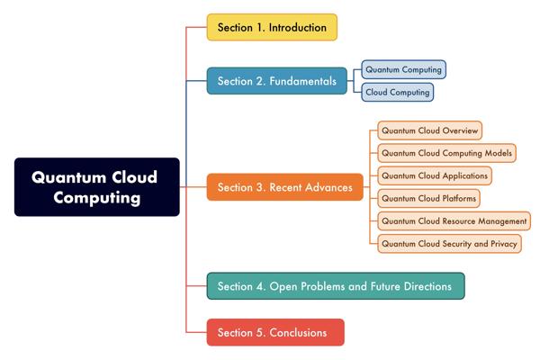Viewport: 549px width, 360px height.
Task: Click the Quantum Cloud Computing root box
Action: point(97,186)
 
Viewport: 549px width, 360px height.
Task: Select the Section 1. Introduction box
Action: point(272,27)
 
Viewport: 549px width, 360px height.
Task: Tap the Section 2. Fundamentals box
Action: point(277,81)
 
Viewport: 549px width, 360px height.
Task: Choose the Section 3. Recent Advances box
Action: point(285,187)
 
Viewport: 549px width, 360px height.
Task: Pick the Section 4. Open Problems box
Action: point(336,286)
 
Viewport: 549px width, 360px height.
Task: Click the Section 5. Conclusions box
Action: point(274,332)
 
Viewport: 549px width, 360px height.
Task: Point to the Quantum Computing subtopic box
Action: point(404,69)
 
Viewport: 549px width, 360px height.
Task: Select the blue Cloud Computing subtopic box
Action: point(397,92)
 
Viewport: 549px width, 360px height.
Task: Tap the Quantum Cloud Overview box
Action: point(428,130)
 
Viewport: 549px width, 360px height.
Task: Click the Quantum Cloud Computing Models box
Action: point(446,153)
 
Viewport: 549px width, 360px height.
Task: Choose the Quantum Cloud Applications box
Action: point(435,175)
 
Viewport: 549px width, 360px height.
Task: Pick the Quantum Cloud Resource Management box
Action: point(454,220)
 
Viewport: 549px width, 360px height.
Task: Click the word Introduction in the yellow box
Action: point(296,28)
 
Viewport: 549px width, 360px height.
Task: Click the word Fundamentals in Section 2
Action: point(305,82)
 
